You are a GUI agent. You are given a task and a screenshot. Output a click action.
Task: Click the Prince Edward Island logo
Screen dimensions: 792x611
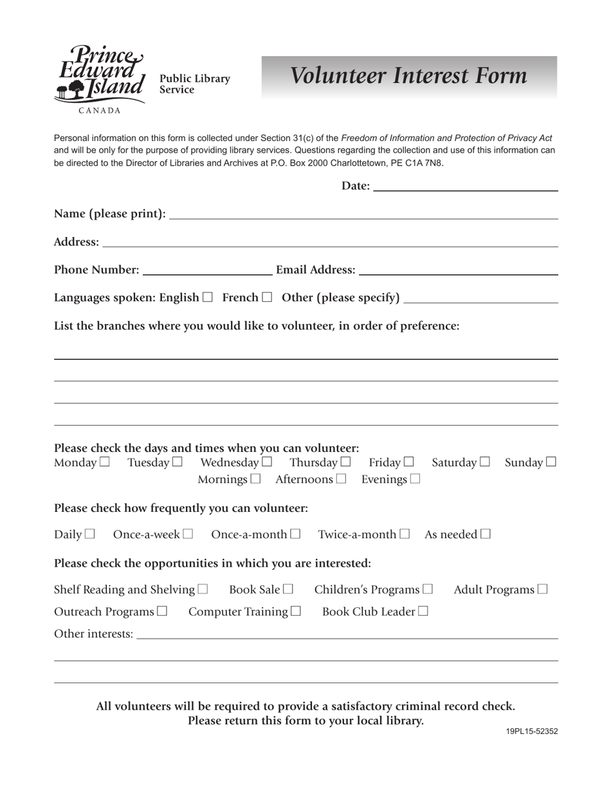pyautogui.click(x=100, y=74)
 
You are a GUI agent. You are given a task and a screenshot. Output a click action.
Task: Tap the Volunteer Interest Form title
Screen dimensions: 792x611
pyautogui.click(x=408, y=76)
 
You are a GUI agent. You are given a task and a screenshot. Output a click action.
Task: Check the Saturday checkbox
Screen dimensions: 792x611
pyautogui.click(x=484, y=462)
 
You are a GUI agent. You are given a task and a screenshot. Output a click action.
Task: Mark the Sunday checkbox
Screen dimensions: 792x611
pyautogui.click(x=551, y=462)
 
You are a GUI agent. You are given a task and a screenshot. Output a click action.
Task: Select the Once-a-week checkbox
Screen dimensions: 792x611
pyautogui.click(x=188, y=534)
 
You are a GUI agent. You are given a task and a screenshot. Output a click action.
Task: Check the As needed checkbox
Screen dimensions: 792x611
pyautogui.click(x=485, y=534)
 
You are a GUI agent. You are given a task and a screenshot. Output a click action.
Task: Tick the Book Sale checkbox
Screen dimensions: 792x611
pyautogui.click(x=287, y=589)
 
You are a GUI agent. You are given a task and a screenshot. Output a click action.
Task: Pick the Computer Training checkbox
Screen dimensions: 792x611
pyautogui.click(x=295, y=611)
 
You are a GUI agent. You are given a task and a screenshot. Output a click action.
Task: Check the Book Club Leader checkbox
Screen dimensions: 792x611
pyautogui.click(x=423, y=611)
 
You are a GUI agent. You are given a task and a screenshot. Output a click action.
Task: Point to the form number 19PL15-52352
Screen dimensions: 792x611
pyautogui.click(x=532, y=731)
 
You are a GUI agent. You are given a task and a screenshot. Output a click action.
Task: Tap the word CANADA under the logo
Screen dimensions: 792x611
pyautogui.click(x=100, y=110)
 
